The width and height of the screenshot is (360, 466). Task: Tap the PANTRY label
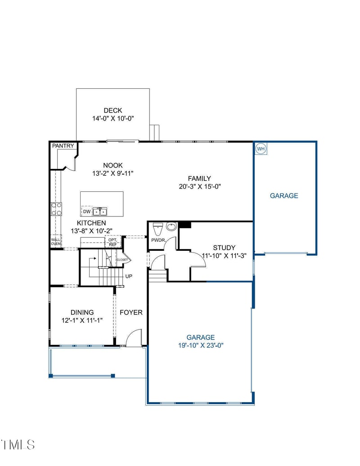coord(63,146)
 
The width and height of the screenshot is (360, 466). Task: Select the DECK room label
coord(112,110)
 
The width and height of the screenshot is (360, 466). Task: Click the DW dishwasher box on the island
coord(86,211)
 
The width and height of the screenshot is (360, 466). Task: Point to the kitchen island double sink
coord(100,211)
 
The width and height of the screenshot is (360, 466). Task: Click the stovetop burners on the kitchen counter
coord(57,209)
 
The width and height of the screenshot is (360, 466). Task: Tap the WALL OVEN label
coord(55,241)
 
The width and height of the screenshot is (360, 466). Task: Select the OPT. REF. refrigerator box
coord(112,242)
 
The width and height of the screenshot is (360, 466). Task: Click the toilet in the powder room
coord(157,227)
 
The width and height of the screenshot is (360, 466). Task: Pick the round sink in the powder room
coord(171,226)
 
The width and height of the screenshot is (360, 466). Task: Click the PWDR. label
coord(158,240)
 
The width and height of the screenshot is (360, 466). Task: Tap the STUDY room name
coord(224,248)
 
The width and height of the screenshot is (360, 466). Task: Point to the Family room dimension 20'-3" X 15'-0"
coord(199,186)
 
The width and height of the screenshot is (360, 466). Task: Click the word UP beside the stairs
coord(129,276)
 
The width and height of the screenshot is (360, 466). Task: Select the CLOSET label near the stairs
coord(122,260)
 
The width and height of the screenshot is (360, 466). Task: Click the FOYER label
coord(131,312)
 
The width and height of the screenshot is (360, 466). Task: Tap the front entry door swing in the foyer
coord(134,339)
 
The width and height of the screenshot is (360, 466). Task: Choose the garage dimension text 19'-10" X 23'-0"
coord(201,345)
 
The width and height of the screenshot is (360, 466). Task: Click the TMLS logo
coord(18,444)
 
